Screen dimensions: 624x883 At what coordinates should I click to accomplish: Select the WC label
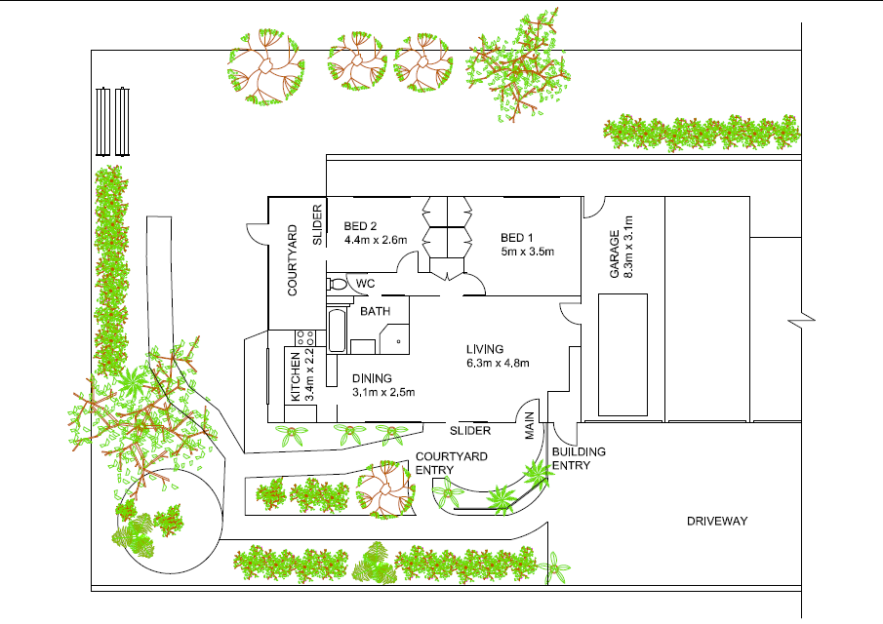pos(365,284)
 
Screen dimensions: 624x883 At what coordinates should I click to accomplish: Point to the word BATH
pos(376,312)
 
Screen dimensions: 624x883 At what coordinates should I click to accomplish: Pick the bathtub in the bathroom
pos(336,331)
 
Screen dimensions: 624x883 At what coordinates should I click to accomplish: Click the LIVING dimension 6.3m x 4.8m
pos(497,364)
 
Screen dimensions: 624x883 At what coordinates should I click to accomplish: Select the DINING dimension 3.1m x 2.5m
pos(384,392)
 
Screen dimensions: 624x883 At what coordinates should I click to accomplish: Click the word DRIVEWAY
pos(716,521)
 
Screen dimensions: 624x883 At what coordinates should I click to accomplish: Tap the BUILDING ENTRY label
pos(579,458)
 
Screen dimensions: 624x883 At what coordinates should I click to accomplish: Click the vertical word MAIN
pos(531,427)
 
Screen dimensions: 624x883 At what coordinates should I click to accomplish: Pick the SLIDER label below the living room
pos(469,430)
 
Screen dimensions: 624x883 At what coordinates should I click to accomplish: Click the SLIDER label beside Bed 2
pos(317,224)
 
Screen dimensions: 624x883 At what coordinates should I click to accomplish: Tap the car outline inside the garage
pos(622,355)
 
